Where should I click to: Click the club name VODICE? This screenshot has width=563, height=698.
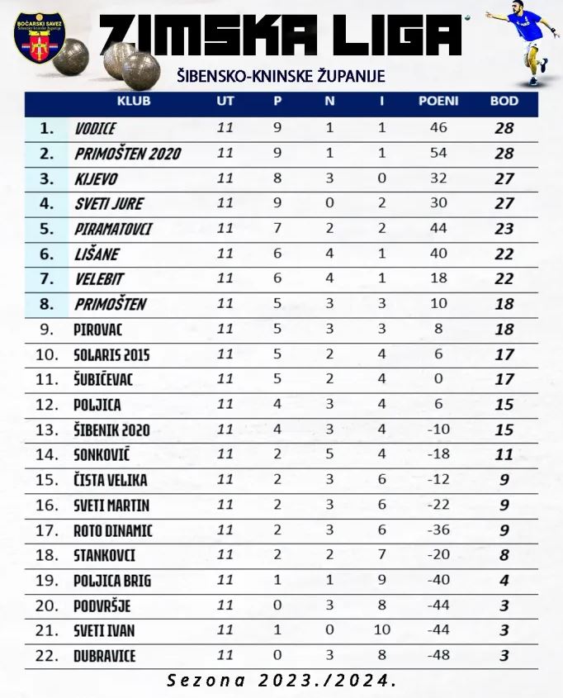[x=95, y=128]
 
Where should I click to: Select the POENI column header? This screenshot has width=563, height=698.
[x=438, y=102]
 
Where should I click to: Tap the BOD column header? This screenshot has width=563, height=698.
[x=504, y=102]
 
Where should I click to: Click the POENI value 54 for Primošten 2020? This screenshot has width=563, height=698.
[x=438, y=153]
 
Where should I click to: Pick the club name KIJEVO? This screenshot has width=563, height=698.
[x=96, y=178]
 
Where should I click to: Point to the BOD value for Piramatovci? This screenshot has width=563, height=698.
[x=504, y=229]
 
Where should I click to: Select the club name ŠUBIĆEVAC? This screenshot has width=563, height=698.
[x=103, y=380]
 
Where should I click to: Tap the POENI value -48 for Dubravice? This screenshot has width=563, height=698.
[x=438, y=656]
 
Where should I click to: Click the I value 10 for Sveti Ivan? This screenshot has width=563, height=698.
[x=381, y=631]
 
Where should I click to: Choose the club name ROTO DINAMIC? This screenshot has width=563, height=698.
[x=113, y=530]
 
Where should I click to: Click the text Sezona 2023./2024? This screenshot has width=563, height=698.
[x=281, y=681]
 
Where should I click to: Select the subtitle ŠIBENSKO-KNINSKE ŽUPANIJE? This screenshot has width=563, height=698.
[x=281, y=76]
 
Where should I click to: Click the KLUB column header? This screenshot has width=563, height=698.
[x=134, y=102]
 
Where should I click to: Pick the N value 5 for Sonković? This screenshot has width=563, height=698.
[x=329, y=455]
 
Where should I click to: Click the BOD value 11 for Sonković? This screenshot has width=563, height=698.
[x=504, y=455]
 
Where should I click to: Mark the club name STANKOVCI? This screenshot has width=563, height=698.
[x=104, y=555]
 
